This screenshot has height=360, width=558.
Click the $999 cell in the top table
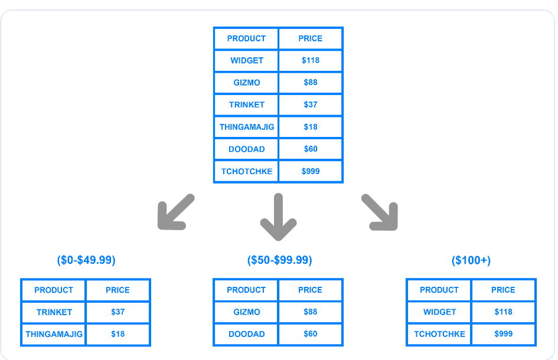pyautogui.click(x=310, y=171)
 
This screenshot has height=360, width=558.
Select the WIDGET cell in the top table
pyautogui.click(x=246, y=60)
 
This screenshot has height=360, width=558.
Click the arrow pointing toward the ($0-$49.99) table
pyautogui.click(x=175, y=212)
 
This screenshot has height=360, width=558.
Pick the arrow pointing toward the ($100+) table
pyautogui.click(x=380, y=212)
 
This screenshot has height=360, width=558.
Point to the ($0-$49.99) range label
pyautogui.click(x=86, y=260)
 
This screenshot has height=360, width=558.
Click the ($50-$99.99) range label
pyautogui.click(x=279, y=260)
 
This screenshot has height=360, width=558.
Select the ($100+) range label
pyautogui.click(x=471, y=260)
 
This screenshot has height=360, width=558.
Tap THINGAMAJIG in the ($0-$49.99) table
pyautogui.click(x=54, y=334)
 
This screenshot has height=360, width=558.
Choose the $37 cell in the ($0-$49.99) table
pyautogui.click(x=118, y=312)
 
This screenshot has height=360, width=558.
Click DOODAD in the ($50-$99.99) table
pyautogui.click(x=246, y=334)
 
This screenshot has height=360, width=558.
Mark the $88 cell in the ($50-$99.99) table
pyautogui.click(x=310, y=312)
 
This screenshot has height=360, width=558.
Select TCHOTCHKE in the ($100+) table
pyautogui.click(x=439, y=334)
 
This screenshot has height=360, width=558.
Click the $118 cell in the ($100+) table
pyautogui.click(x=503, y=312)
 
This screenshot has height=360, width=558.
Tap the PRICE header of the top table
pyautogui.click(x=310, y=38)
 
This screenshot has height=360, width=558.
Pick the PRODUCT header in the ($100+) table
pyautogui.click(x=439, y=290)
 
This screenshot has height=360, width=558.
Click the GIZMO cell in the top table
pyautogui.click(x=246, y=83)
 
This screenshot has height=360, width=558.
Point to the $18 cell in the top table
pyautogui.click(x=310, y=127)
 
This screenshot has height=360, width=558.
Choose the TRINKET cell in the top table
pyautogui.click(x=246, y=104)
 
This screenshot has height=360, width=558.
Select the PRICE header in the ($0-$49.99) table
pyautogui.click(x=118, y=290)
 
